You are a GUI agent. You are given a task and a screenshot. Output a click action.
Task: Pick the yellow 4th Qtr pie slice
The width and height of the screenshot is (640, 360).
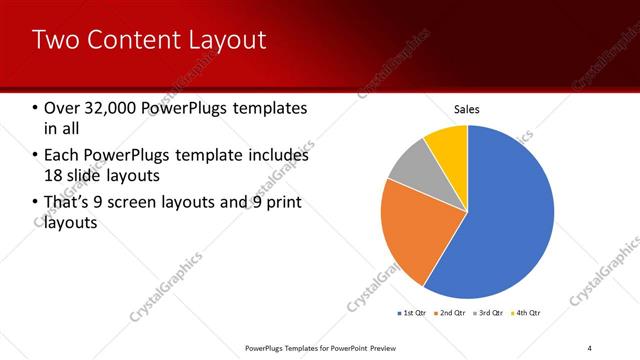(448, 145)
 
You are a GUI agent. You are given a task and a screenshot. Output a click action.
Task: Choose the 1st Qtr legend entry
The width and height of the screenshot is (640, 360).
(414, 314)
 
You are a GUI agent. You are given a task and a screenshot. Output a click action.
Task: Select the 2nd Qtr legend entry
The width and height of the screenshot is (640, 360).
(450, 314)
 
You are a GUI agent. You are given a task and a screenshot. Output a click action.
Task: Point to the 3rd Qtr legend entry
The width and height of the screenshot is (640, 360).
(487, 314)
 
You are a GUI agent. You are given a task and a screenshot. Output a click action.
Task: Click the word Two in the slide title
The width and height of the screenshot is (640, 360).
(53, 40)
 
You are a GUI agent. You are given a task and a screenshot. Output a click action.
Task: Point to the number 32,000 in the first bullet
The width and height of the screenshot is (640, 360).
(109, 108)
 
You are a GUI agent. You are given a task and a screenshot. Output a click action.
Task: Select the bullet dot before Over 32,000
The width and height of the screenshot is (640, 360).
(35, 108)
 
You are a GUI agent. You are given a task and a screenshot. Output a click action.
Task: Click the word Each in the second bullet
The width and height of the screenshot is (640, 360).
(62, 156)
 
